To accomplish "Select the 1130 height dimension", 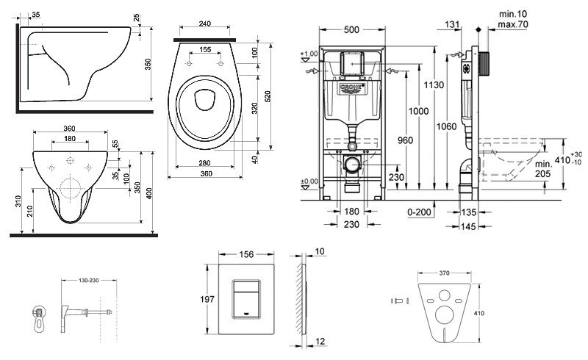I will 434,85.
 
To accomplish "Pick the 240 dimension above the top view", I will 206,24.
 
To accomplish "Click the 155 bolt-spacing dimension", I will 206,50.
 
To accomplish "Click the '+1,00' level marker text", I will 309,54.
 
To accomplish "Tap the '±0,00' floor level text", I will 309,181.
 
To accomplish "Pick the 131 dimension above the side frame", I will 452,24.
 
